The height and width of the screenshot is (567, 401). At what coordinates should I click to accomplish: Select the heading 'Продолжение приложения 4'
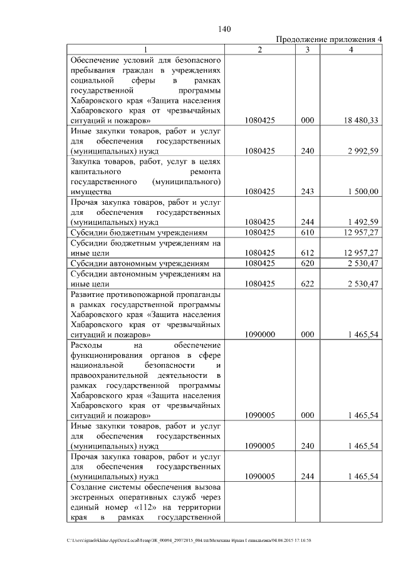pos(329,39)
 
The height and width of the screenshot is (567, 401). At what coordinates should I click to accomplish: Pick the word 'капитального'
pos(96,171)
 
